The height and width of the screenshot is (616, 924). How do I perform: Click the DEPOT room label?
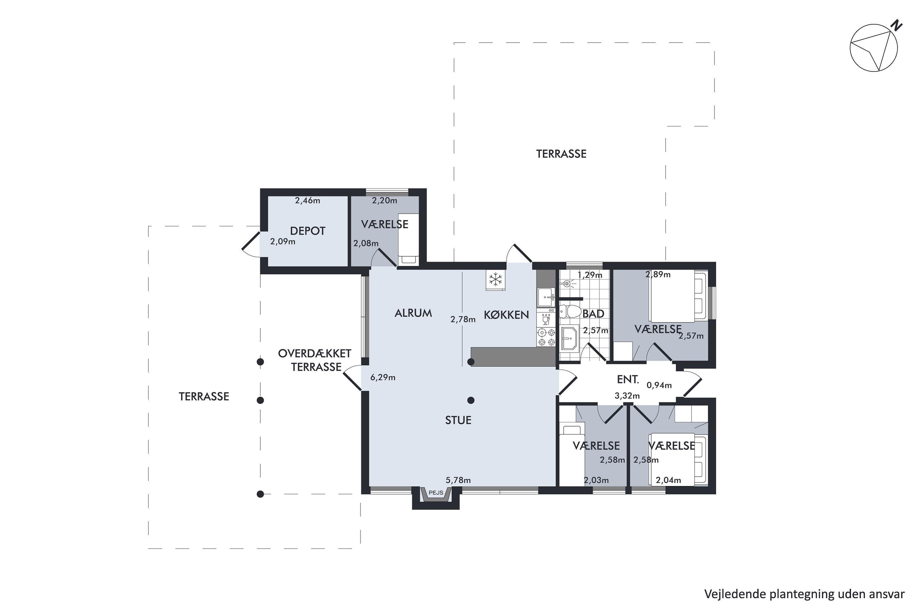[x=308, y=231]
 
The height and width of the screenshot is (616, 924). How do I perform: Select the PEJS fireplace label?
[x=436, y=492]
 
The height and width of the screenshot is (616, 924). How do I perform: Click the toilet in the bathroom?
[x=569, y=311]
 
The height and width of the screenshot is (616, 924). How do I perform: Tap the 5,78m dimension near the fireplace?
[x=458, y=480]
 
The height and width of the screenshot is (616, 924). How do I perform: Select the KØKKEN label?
[x=506, y=315]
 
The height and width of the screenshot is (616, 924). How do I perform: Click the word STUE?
[x=458, y=420]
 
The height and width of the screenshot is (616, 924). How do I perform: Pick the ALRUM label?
[x=413, y=313]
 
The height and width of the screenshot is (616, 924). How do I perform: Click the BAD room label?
[x=593, y=314]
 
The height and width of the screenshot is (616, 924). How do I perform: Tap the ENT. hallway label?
[x=628, y=379]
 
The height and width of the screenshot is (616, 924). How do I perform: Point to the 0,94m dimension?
[x=659, y=385]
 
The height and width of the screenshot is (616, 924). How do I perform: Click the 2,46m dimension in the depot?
[x=308, y=201]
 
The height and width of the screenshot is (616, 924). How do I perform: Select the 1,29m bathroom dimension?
[x=590, y=275]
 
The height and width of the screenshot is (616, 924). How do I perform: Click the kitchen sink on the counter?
[x=546, y=298]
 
